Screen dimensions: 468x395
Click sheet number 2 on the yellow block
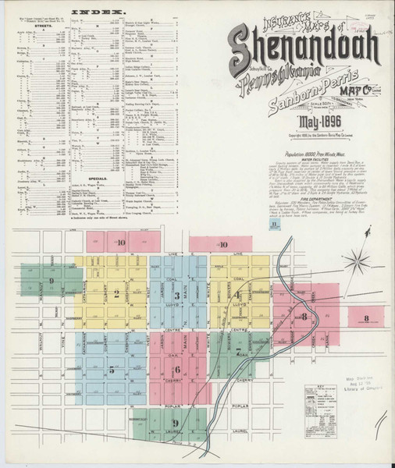tap(116, 294)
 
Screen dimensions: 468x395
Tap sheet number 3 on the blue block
tap(177, 296)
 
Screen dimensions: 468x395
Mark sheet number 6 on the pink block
tap(177, 370)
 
